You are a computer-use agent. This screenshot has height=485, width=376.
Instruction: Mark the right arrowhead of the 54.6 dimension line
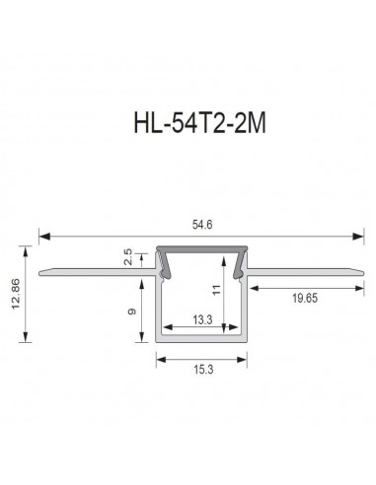coord(356,236)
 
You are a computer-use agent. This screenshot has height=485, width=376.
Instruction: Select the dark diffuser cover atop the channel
coord(201,252)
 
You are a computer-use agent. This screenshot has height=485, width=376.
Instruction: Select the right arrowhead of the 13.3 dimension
coord(236,327)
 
